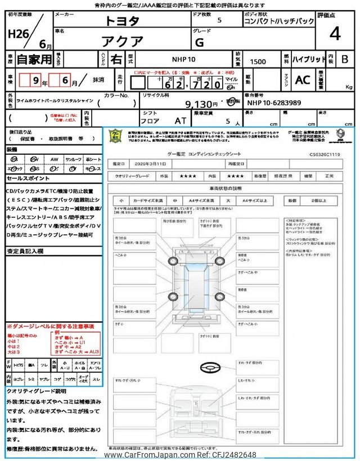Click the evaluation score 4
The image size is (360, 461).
point(335,34)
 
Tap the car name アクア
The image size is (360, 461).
point(122,41)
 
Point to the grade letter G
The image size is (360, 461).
point(215,41)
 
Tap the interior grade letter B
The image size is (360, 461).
point(345,59)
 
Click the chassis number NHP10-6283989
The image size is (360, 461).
point(274,103)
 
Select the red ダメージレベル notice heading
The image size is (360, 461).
point(51,326)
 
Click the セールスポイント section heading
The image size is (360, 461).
point(28,178)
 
